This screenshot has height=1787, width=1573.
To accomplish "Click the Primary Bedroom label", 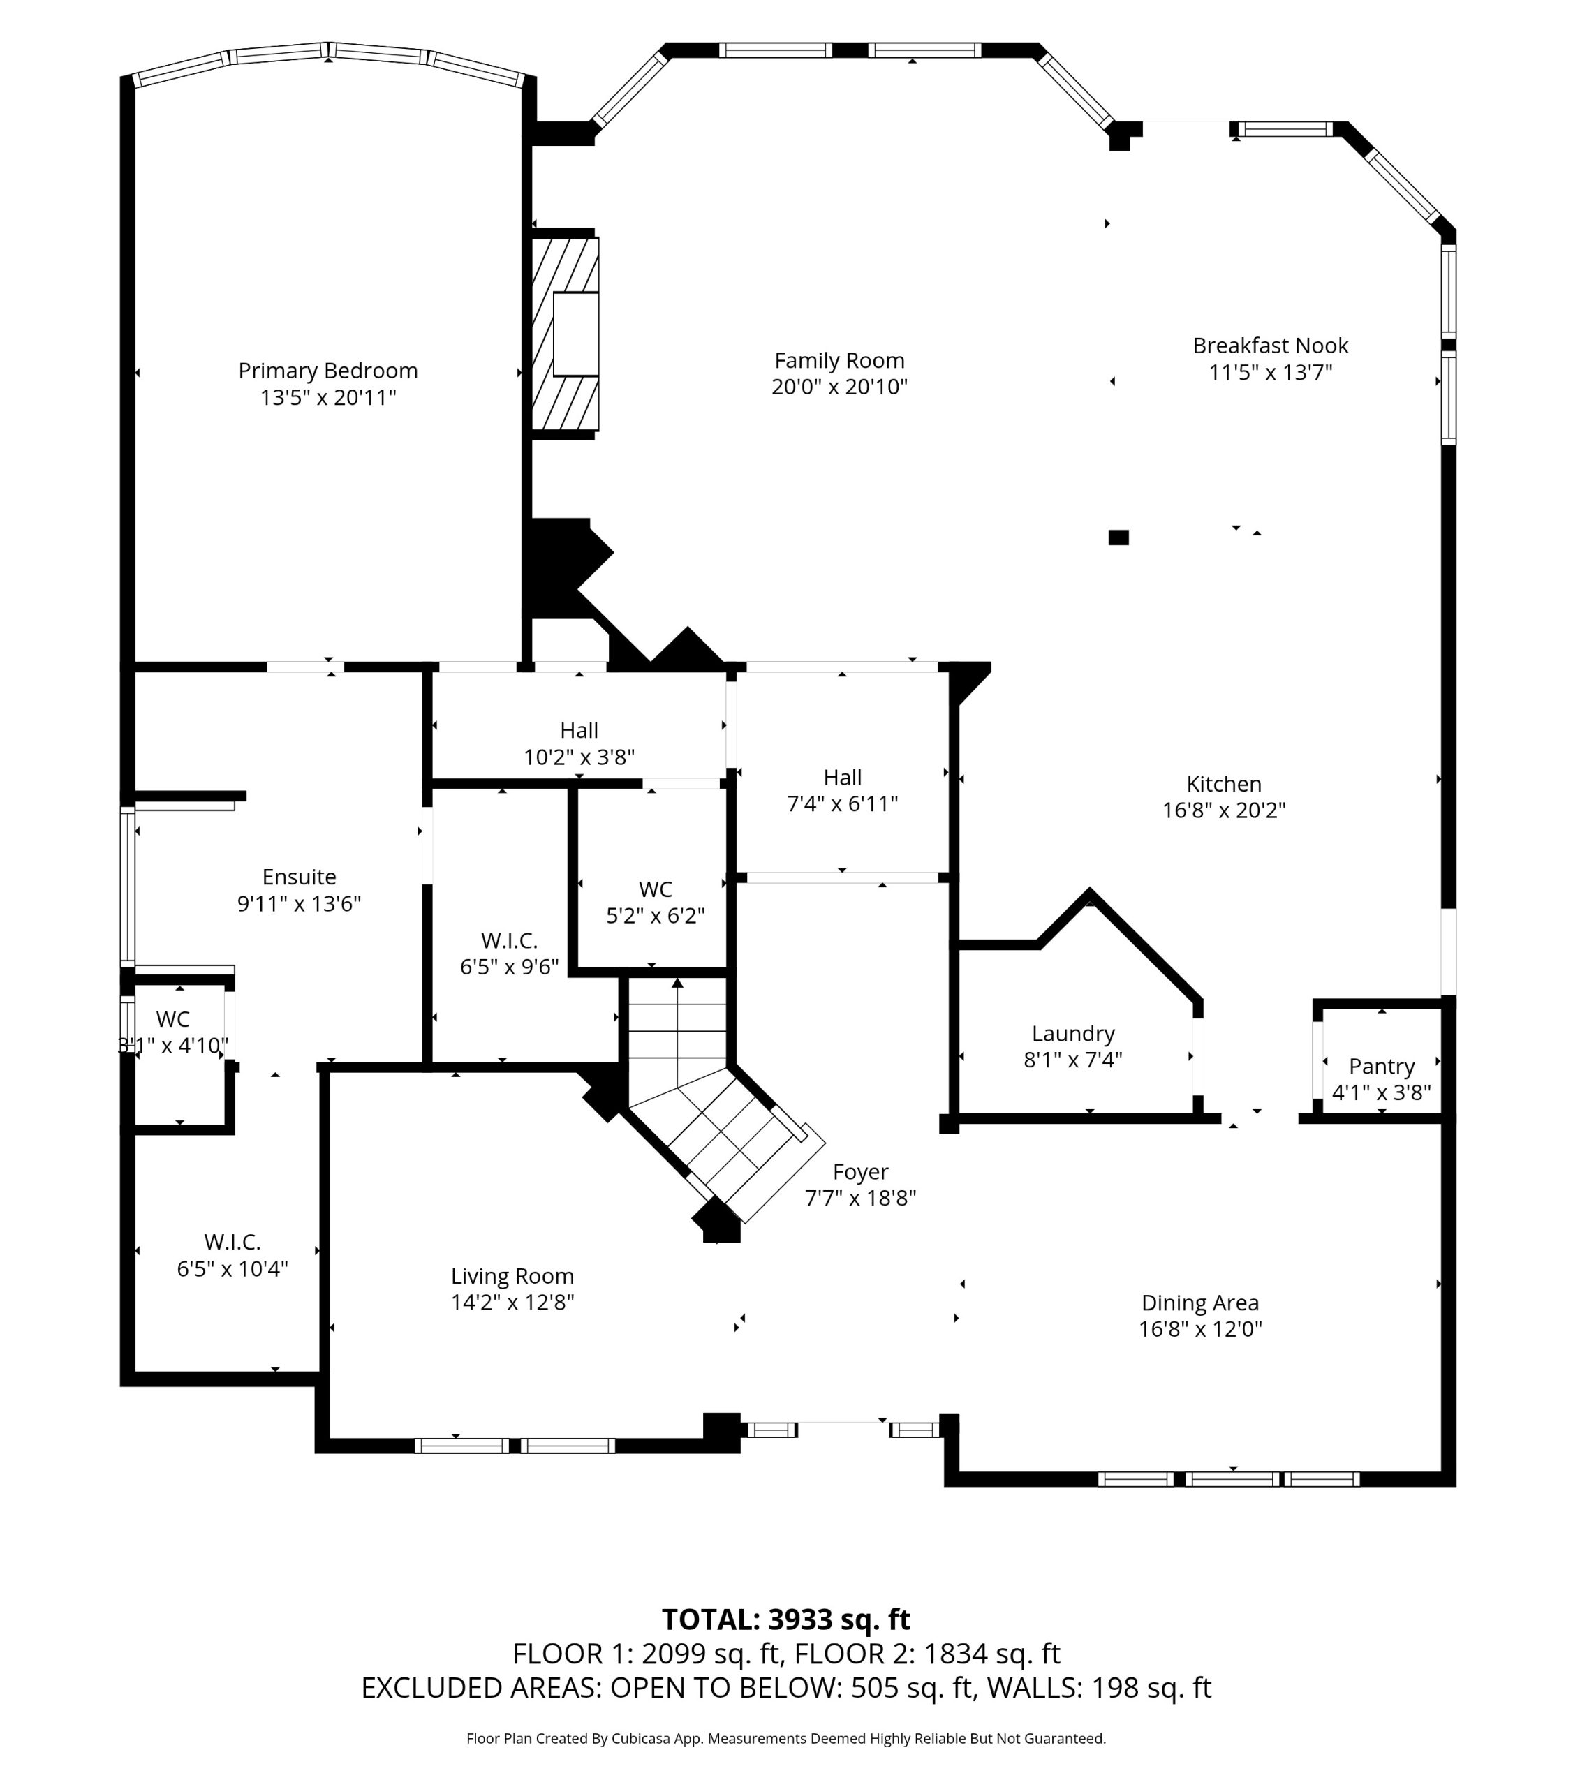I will click(x=328, y=371).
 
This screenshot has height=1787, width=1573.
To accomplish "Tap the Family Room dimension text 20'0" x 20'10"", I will click(x=839, y=387).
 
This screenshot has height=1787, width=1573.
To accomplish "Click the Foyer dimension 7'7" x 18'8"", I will click(x=859, y=1198).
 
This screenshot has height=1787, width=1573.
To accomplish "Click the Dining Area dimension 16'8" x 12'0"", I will click(x=1199, y=1329).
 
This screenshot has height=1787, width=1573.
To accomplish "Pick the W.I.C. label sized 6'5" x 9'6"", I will click(x=509, y=941).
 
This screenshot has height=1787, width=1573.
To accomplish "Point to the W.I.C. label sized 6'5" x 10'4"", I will click(x=232, y=1241).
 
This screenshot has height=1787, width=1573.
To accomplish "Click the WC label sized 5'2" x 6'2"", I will click(x=655, y=889).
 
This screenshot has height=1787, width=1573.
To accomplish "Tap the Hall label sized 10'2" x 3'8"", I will click(x=579, y=730).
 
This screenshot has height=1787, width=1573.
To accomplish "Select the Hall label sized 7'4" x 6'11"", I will click(x=842, y=777).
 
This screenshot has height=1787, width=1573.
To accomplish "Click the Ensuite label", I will click(x=299, y=877).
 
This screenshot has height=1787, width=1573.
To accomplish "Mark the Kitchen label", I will click(x=1223, y=783).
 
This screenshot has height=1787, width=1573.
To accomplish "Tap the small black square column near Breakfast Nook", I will click(x=1118, y=537).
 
